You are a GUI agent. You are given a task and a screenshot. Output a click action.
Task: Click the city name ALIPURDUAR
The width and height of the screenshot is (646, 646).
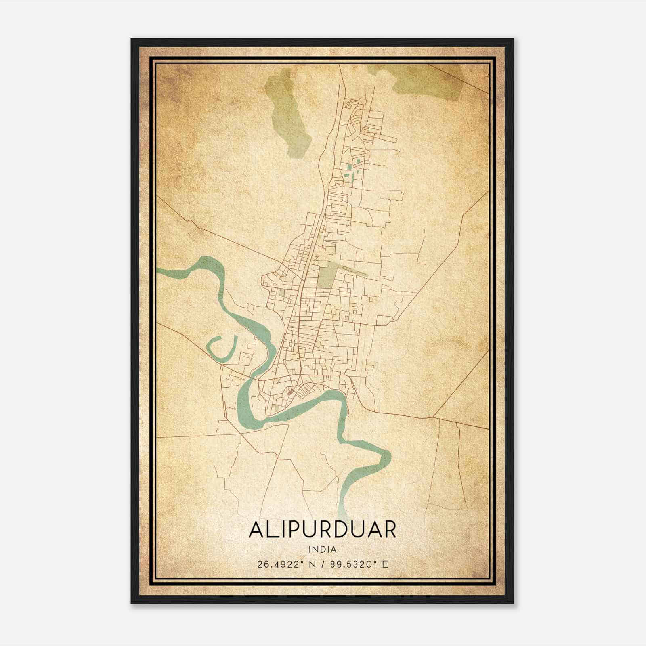322,530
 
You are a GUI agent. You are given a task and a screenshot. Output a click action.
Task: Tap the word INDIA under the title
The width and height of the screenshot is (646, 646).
322,550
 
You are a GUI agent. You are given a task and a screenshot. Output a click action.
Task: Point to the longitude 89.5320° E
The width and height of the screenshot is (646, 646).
359,564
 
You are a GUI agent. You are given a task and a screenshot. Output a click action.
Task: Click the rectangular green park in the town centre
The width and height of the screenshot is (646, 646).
325,277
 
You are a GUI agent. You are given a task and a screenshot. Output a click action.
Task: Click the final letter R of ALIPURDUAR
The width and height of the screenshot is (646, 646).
388,530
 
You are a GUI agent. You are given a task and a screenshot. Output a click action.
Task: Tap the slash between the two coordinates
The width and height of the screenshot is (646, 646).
323,564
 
